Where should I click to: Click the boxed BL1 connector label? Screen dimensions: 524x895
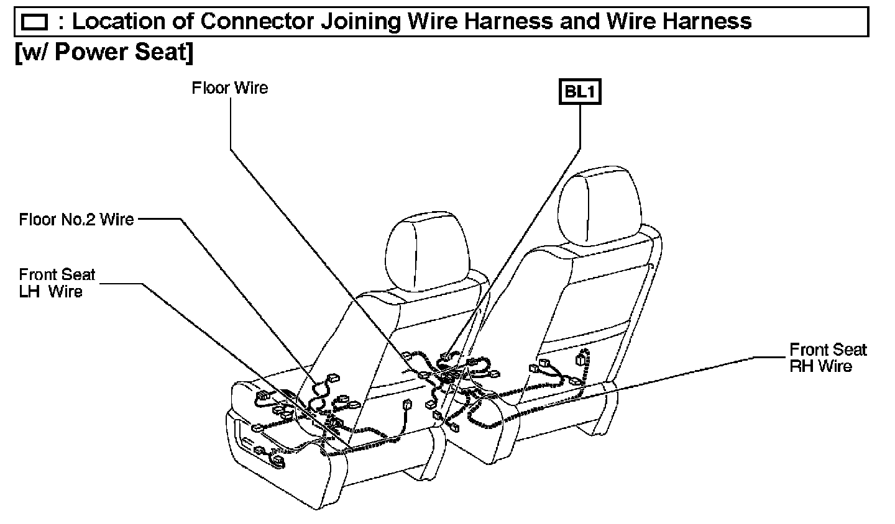coord(580,92)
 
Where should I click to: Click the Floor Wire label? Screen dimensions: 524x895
coord(229,88)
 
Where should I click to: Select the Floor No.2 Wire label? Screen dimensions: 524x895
coord(76,219)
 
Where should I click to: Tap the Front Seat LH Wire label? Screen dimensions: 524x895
coord(57,283)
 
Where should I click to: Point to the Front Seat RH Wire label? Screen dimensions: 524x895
coord(827,358)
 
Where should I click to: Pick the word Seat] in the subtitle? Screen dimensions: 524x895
coord(167,52)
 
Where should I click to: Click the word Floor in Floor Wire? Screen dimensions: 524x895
coord(210,88)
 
